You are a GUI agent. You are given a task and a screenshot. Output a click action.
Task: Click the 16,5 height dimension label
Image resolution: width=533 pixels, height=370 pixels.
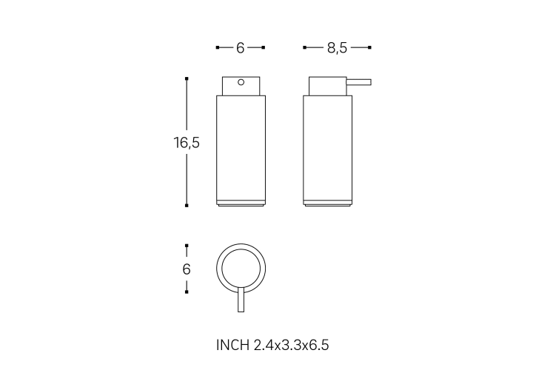[x=187, y=143]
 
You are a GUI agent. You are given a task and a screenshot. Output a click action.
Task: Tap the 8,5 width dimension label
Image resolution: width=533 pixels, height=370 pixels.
[x=338, y=48]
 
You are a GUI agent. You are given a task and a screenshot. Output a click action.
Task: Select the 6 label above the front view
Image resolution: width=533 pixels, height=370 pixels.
[x=241, y=48]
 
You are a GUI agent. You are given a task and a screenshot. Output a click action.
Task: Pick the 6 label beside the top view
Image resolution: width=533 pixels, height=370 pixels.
[x=187, y=269]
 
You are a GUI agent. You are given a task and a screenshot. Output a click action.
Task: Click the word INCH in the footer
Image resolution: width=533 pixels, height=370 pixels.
[x=233, y=345]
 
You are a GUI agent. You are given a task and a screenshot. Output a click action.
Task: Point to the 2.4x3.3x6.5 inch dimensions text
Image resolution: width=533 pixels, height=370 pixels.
[x=292, y=345]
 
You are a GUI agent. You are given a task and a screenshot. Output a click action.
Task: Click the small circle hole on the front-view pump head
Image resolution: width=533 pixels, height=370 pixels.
[x=241, y=82]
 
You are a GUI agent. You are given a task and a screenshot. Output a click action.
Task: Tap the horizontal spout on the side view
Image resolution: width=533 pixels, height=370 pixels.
[x=358, y=82]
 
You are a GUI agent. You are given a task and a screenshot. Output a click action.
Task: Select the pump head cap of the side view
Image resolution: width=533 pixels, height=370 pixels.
[x=328, y=86]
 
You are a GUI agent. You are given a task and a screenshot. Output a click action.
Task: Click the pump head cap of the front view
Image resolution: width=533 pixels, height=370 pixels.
[x=241, y=86]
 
